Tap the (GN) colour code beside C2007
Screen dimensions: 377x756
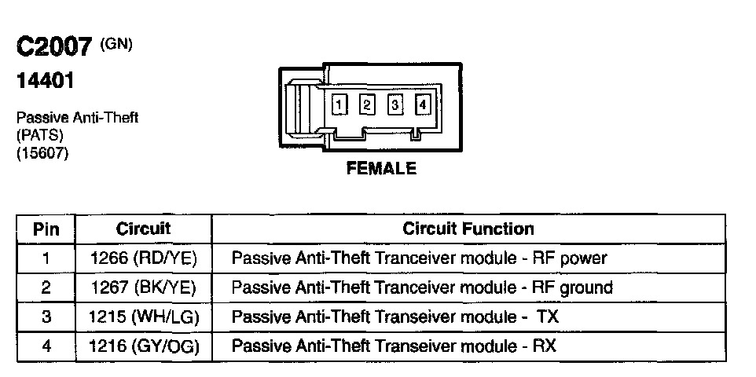coord(116,43)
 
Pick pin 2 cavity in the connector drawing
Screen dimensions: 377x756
coord(367,104)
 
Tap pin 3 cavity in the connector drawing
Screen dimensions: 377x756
coord(395,104)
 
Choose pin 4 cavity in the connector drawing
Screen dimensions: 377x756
coord(423,104)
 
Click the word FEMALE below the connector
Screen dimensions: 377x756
coord(381,168)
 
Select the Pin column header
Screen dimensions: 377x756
coord(46,229)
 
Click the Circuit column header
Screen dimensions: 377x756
coord(143,229)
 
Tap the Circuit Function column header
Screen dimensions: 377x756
coord(468,229)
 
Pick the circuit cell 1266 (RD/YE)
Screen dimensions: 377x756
coord(143,258)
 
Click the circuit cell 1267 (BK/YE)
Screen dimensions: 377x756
coord(143,287)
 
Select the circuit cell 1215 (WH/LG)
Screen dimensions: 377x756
coord(143,317)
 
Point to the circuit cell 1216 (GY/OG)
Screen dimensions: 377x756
coord(143,346)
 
